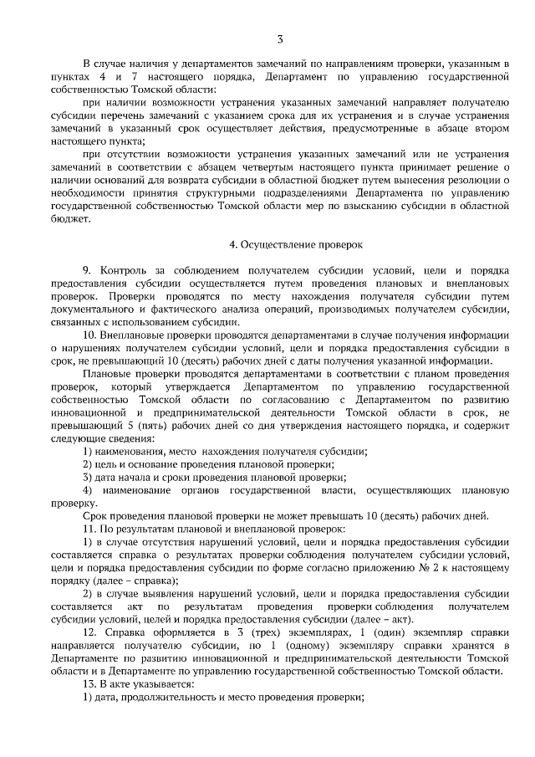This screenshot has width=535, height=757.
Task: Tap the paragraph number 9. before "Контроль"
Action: click(87, 271)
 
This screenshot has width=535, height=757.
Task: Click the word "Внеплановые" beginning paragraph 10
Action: click(134, 333)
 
